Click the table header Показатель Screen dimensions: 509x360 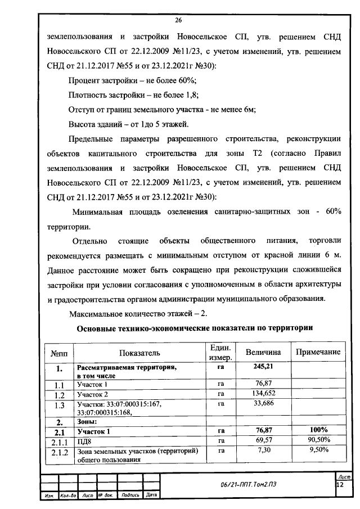[139, 353]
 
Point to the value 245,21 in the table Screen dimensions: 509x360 [259, 367]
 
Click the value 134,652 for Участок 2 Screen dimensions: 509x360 [259, 394]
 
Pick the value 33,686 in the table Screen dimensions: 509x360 [259, 404]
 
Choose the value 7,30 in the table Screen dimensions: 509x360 [259, 450]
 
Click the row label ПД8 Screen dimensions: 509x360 [84, 439]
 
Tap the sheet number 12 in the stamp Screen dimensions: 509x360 [339, 484]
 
